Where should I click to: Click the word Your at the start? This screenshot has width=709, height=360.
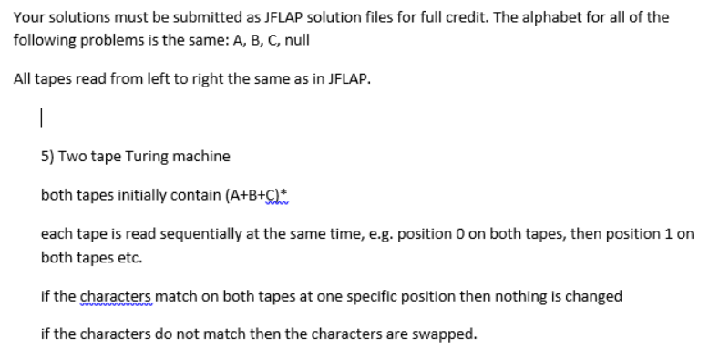pos(28,17)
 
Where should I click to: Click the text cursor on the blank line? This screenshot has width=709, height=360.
pos(42,118)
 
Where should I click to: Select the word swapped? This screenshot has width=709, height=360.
pos(445,334)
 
